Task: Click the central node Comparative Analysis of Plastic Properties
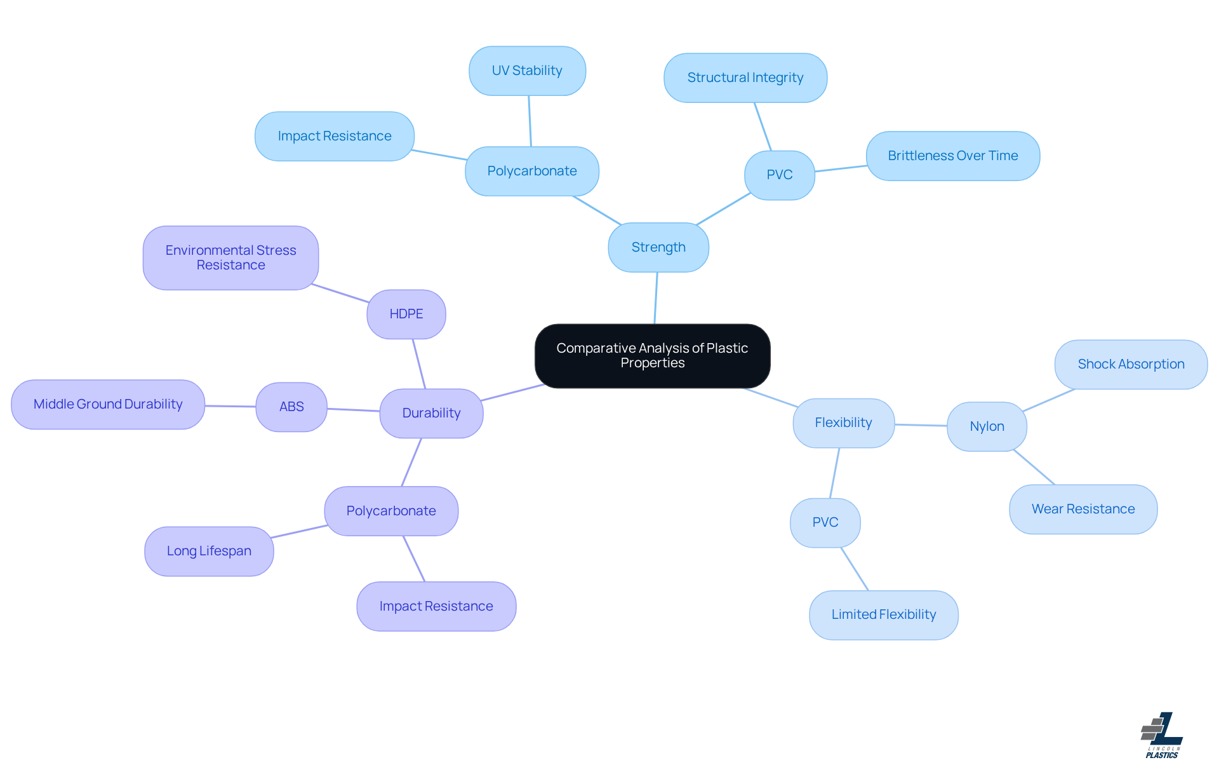point(652,356)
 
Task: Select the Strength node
point(658,247)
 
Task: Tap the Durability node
point(431,413)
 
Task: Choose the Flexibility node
point(843,423)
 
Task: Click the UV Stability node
point(527,71)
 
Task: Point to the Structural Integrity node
point(745,78)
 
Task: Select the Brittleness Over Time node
point(952,156)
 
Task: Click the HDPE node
point(406,314)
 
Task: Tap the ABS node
point(291,407)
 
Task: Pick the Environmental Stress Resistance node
point(230,257)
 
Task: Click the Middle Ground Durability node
point(108,404)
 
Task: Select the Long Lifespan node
point(209,551)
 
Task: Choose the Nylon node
point(987,426)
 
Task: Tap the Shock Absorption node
point(1131,364)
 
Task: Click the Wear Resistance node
point(1083,509)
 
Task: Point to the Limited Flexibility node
point(883,614)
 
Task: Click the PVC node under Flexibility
point(825,522)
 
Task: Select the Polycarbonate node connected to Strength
point(532,171)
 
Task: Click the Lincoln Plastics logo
point(1162,735)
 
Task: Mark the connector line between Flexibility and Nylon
point(921,425)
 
